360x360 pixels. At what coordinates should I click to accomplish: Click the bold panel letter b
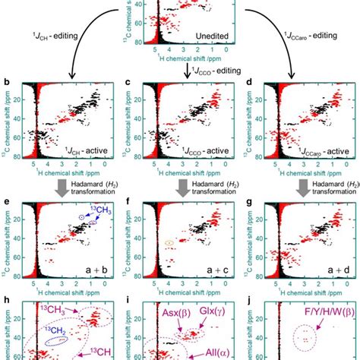[7, 78]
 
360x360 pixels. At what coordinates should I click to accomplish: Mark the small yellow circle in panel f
[169, 243]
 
